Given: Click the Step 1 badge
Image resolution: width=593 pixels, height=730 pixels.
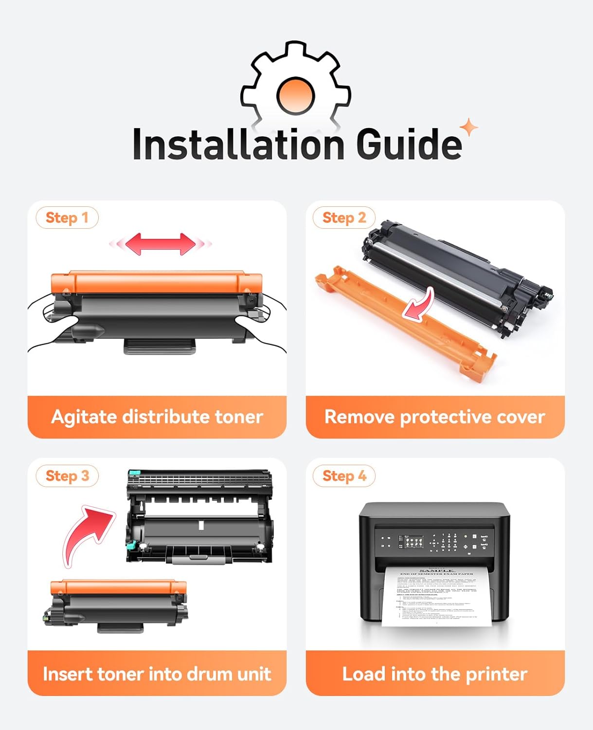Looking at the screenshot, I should (67, 218).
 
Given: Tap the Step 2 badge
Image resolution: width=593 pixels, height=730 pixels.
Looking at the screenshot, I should (344, 218).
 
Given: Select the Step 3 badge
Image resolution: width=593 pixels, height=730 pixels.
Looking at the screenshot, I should (67, 475).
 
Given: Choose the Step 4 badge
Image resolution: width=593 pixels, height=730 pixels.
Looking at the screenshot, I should (344, 475).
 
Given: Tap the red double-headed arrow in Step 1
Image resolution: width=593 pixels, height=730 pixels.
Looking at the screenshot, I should (161, 244).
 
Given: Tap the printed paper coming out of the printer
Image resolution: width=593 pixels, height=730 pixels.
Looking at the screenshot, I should (434, 596).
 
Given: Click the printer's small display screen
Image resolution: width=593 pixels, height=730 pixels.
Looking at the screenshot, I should (412, 542).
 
